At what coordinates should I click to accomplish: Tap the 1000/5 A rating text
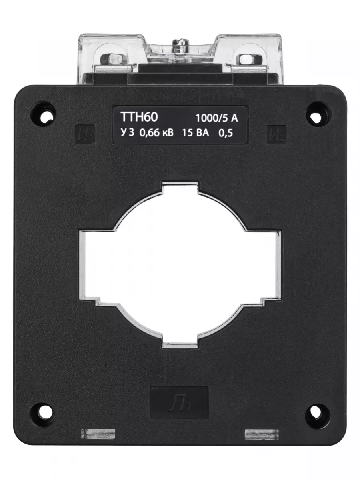tap(217, 118)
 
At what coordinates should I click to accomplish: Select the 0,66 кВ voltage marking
tap(156, 133)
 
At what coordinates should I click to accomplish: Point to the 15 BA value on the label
tap(196, 133)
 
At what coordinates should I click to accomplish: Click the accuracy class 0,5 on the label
tap(226, 133)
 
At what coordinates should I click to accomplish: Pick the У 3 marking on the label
tap(127, 132)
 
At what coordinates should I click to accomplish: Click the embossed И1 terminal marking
tap(84, 135)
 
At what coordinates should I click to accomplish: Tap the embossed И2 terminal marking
tap(276, 135)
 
